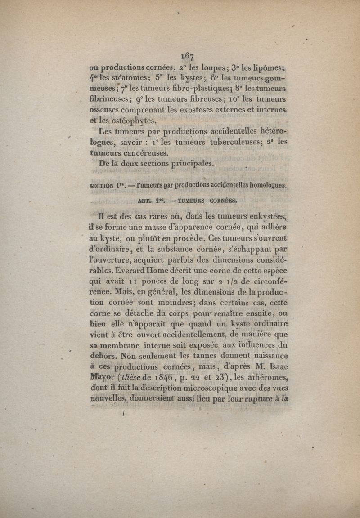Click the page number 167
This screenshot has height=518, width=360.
coord(187,56)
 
